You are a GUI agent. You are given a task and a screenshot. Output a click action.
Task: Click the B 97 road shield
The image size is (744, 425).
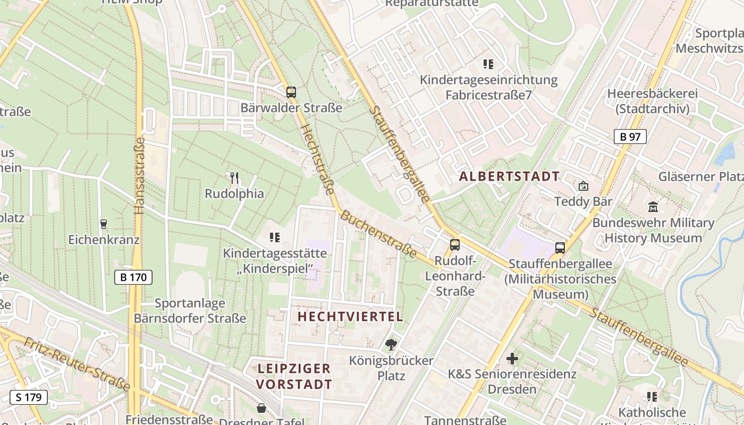(x=630, y=137)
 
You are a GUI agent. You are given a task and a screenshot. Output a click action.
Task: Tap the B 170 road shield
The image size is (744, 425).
(x=133, y=277)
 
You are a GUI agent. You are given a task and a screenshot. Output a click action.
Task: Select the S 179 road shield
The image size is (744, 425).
(x=29, y=397)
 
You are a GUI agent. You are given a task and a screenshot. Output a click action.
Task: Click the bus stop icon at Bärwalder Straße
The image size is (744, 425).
(x=291, y=92)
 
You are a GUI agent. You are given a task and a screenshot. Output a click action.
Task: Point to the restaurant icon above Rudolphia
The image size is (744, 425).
(x=234, y=177)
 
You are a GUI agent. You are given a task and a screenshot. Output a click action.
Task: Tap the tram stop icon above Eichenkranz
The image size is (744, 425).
(x=103, y=224)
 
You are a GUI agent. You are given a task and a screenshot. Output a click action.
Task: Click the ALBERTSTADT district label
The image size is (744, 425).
(x=509, y=176)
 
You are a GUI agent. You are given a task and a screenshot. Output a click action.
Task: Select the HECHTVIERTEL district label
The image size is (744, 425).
(x=350, y=317)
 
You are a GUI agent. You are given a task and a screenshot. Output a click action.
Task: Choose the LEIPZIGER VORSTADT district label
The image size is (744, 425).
(x=294, y=376)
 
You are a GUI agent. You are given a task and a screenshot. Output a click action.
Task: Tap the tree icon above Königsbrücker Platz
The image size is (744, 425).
(x=391, y=345)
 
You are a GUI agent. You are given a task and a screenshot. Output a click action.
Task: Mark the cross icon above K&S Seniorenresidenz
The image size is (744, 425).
(x=512, y=359)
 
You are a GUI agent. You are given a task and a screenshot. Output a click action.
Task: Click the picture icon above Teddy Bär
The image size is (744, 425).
(x=584, y=186)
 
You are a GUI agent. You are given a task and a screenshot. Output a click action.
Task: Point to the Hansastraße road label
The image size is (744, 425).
(x=140, y=176)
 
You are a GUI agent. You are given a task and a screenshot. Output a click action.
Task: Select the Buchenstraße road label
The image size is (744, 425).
(x=378, y=234)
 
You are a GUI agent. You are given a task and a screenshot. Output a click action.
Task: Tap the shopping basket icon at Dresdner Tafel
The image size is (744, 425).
(x=261, y=408)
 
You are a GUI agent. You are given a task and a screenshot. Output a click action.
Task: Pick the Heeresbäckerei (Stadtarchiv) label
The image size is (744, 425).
(x=652, y=101)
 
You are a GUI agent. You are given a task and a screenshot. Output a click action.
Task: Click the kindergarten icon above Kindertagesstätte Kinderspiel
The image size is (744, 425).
(x=274, y=237)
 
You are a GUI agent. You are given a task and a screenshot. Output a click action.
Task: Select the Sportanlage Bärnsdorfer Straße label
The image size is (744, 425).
(x=190, y=311)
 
